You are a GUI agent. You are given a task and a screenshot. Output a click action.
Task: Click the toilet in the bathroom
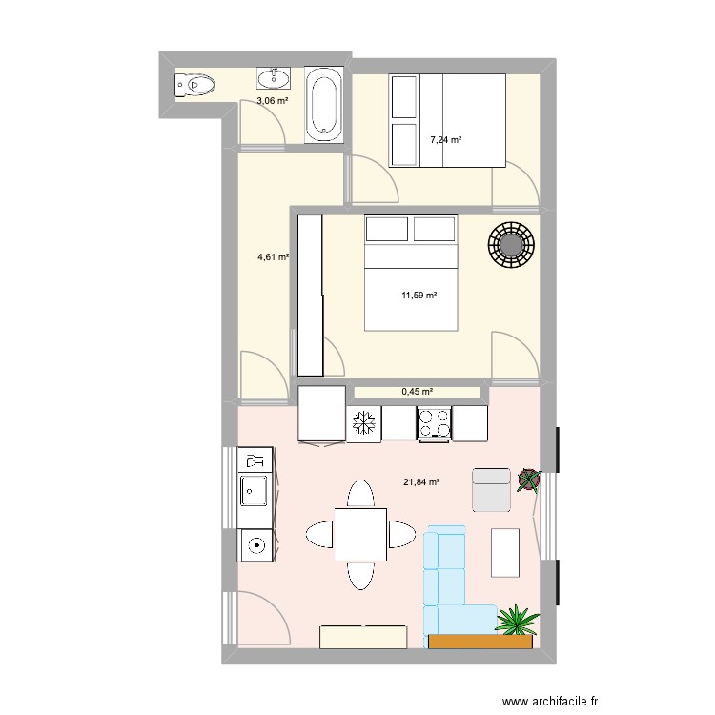(195, 85)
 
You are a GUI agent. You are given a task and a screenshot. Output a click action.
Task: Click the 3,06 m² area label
(271, 100)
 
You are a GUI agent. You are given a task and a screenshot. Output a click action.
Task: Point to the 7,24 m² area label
(445, 140)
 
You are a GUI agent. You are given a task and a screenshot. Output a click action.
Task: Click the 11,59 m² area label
(419, 296)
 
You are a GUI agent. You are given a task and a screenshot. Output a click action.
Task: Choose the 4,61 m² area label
(273, 256)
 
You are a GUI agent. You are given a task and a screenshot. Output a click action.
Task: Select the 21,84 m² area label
(421, 482)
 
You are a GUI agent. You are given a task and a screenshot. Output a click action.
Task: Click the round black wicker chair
(512, 246)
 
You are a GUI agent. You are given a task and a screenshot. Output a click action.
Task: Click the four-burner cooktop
(434, 423)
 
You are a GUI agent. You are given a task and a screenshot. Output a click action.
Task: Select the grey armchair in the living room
(492, 489)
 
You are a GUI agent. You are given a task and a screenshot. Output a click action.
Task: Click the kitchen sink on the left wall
(255, 491)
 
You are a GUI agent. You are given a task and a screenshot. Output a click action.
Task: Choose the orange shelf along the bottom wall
(480, 642)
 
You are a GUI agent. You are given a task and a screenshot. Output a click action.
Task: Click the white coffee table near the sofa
(505, 552)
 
